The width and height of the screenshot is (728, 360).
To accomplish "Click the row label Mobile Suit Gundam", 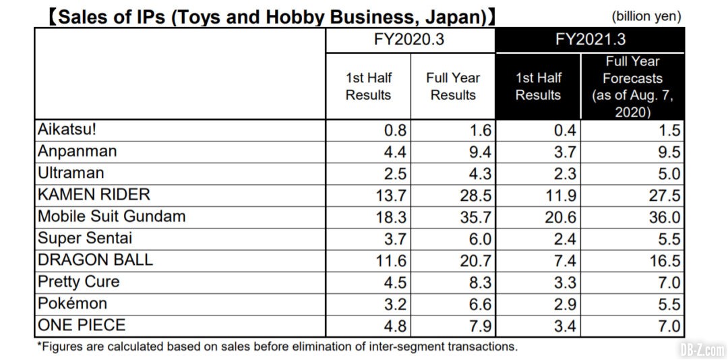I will [x=111, y=216].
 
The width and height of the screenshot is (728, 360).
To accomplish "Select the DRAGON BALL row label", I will [x=95, y=260].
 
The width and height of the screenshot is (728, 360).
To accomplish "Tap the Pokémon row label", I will [x=72, y=303].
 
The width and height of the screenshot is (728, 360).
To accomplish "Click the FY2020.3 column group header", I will [x=409, y=40].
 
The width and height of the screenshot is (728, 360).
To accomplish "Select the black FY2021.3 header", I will [x=590, y=40].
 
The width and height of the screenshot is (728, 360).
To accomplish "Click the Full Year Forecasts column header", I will [x=632, y=87].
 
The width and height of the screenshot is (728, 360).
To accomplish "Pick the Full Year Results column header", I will [x=453, y=87].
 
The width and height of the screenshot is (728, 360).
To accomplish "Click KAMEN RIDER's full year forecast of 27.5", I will [x=662, y=196].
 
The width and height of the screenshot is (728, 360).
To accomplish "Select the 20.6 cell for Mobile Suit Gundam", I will [x=561, y=217].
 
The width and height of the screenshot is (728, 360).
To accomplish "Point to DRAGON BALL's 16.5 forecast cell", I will [x=662, y=260].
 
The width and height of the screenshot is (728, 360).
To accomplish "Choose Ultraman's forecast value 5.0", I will [x=667, y=174].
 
